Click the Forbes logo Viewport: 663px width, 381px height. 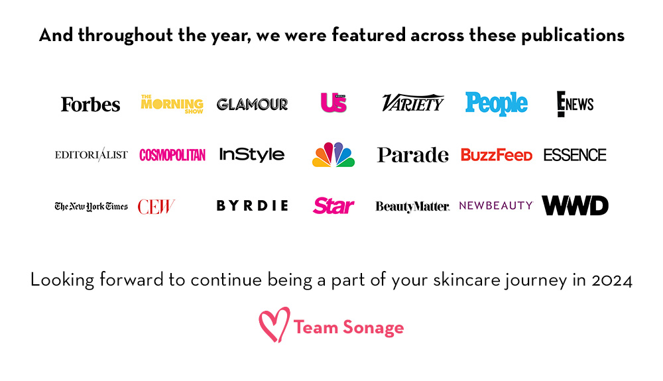pyautogui.click(x=90, y=104)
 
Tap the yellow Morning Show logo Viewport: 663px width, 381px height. pyautogui.click(x=172, y=104)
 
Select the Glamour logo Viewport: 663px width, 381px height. pyautogui.click(x=253, y=104)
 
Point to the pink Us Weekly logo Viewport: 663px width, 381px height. pyautogui.click(x=333, y=103)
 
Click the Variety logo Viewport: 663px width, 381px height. pyautogui.click(x=412, y=103)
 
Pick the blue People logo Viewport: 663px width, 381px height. pyautogui.click(x=497, y=103)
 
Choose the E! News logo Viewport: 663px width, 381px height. pyautogui.click(x=575, y=104)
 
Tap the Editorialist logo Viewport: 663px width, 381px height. pyautogui.click(x=91, y=154)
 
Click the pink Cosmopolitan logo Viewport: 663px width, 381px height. pyautogui.click(x=172, y=155)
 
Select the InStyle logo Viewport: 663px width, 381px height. pyautogui.click(x=252, y=154)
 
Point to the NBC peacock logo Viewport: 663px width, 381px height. pyautogui.click(x=333, y=154)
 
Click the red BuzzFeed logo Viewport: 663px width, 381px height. pyautogui.click(x=497, y=155)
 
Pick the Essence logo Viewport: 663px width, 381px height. pyautogui.click(x=575, y=155)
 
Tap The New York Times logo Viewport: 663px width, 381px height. pyautogui.click(x=91, y=207)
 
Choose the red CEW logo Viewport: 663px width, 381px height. pyautogui.click(x=156, y=207)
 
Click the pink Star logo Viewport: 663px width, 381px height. pyautogui.click(x=333, y=205)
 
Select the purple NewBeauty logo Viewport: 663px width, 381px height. pyautogui.click(x=496, y=205)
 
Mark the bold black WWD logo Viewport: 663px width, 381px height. pyautogui.click(x=575, y=205)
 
